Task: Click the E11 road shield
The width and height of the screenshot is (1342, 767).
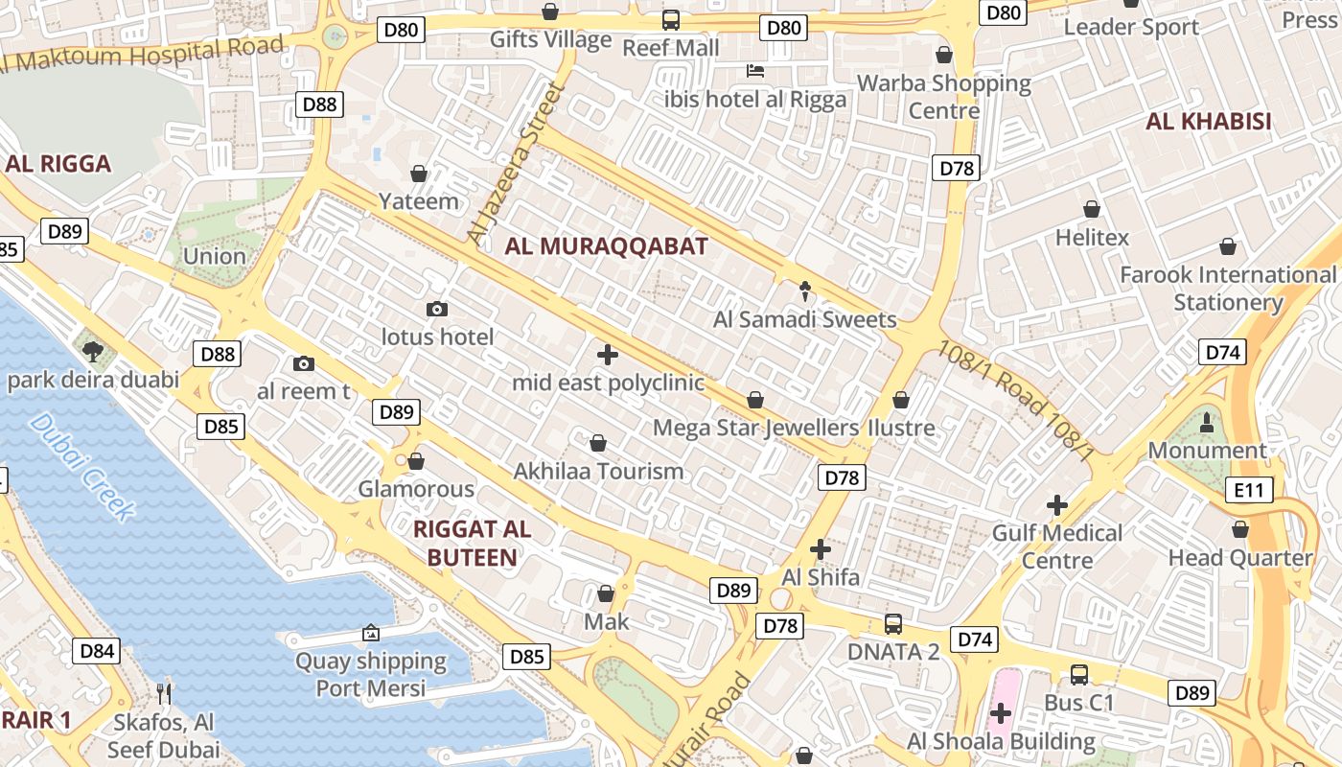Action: point(1249,491)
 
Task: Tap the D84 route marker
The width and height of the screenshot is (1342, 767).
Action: point(97,651)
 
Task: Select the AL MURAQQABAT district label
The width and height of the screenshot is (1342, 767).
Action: point(606,246)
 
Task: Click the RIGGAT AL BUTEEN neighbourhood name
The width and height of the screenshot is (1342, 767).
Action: point(471,543)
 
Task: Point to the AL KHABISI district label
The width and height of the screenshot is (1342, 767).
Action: point(1208,122)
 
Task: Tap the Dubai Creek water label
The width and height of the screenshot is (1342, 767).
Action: point(82,467)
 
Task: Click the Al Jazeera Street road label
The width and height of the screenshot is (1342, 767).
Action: point(514,163)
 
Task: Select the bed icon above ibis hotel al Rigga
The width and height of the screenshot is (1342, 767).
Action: point(755,71)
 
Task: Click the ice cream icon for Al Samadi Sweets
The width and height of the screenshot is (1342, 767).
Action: point(805,291)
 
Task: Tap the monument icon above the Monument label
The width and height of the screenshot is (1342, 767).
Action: point(1206,421)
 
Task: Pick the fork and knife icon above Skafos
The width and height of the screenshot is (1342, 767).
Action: point(164,692)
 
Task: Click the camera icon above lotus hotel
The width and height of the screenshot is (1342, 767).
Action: point(437,309)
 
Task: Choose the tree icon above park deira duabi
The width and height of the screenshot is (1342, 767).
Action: point(93,351)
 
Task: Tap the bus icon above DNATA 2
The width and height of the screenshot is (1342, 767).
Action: point(892,623)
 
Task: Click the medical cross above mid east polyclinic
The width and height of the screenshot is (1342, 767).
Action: point(607,355)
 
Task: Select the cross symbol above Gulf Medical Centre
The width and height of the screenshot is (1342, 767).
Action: point(1056,504)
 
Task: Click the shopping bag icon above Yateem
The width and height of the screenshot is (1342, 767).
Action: point(419,174)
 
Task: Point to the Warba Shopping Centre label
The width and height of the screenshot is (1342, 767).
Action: point(944,97)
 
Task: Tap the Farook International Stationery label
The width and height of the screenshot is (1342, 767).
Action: point(1228,289)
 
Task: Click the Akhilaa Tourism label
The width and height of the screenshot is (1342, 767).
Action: point(598,471)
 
